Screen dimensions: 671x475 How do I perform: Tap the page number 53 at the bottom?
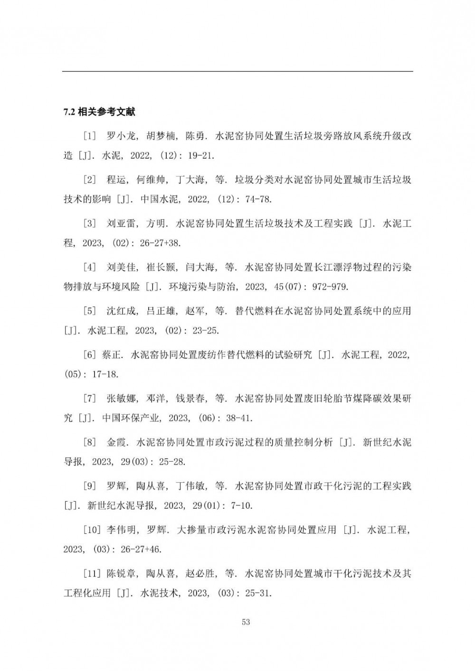tap(246, 622)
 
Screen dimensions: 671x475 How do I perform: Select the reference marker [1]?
tap(90, 137)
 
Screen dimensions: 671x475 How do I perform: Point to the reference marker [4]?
tap(90, 268)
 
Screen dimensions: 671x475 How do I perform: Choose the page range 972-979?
tap(330, 287)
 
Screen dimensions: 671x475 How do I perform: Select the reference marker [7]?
tap(90, 399)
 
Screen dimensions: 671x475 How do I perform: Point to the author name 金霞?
tap(117, 442)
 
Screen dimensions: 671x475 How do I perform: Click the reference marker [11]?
tap(92, 574)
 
